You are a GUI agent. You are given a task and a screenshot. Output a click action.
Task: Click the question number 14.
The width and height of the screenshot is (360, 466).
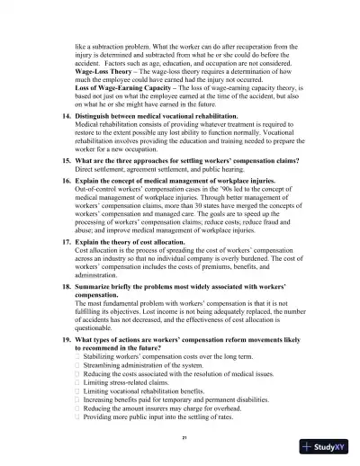coord(65,118)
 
